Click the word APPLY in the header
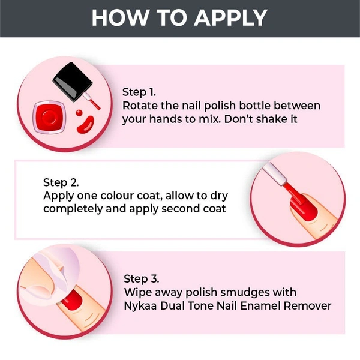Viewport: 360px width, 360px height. click(230, 17)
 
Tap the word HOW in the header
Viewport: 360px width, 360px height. click(120, 17)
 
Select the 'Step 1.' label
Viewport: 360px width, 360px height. click(139, 92)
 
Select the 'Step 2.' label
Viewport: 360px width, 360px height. click(61, 182)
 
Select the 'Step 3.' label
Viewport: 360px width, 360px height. click(142, 279)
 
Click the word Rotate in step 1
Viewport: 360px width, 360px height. click(140, 106)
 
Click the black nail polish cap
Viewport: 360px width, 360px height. click(73, 82)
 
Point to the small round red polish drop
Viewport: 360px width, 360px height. click(79, 113)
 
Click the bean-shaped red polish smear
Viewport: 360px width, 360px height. click(85, 125)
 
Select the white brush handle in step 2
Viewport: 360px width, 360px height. click(275, 174)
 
